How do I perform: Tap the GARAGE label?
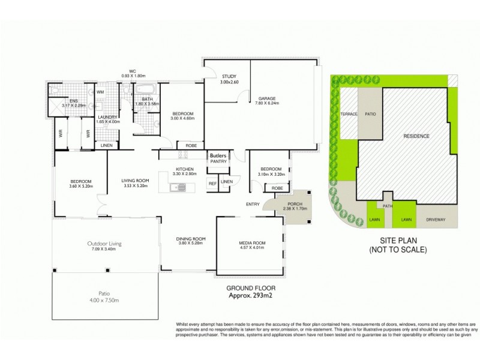267,100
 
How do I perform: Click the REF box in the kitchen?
212,183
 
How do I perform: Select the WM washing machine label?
100,92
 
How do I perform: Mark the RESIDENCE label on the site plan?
416,136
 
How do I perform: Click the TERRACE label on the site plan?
349,114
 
